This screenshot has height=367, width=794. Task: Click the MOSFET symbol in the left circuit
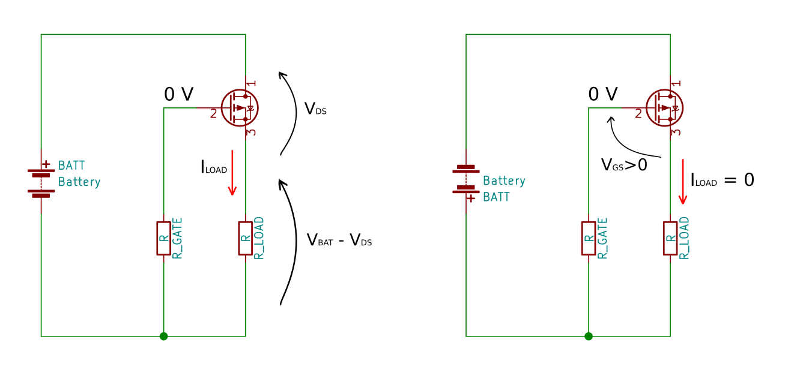coord(239,108)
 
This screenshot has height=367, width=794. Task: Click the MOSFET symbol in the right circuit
coord(664,108)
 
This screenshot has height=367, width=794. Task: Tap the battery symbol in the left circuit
coord(41,180)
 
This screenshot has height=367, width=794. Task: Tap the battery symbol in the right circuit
coord(466,180)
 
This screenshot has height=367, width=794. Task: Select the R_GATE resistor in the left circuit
coord(163,238)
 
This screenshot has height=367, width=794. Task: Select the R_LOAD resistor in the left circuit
coord(245,238)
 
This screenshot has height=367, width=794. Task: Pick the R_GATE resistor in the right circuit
coord(589,238)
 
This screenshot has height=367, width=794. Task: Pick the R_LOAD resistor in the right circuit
coord(670,238)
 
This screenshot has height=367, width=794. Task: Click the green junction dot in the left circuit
coord(163,336)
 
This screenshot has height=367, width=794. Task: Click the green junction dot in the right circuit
coord(589,336)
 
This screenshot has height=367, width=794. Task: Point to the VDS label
coord(315,109)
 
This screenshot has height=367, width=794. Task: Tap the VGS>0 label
coord(624,165)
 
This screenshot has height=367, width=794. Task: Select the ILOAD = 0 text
coord(722,180)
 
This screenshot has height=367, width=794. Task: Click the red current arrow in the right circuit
coord(682,182)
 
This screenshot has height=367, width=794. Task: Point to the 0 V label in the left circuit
coord(179,94)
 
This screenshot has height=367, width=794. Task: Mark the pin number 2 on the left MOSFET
coord(213,113)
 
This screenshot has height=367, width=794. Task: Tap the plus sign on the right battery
coord(471,198)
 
